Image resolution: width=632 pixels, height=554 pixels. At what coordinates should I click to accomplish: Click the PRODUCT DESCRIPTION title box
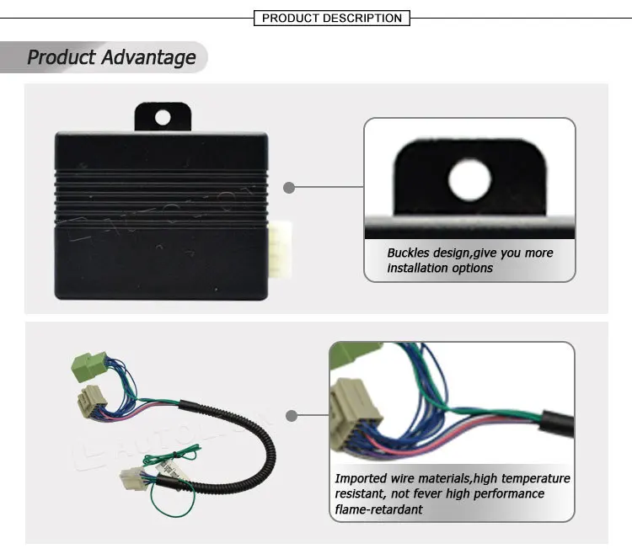tap(332, 18)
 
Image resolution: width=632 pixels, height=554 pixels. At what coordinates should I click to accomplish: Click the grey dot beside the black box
tap(289, 188)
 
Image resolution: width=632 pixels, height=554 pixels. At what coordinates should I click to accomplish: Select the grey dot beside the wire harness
tap(291, 415)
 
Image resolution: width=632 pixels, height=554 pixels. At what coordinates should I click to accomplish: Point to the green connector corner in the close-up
tap(340, 354)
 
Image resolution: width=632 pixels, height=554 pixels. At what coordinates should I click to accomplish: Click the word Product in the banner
tap(62, 57)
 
